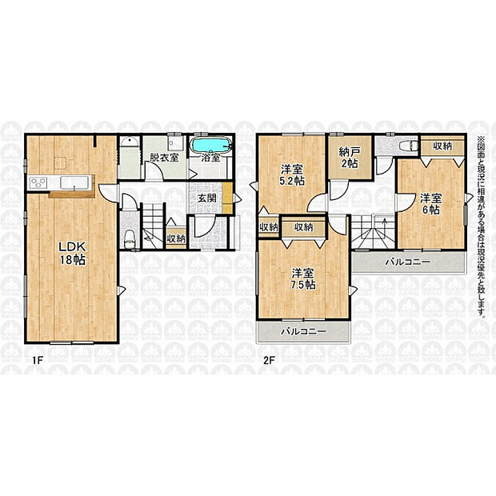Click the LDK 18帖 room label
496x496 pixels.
pos(73,253)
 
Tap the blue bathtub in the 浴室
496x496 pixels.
pos(211,146)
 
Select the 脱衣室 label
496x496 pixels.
pos(164,158)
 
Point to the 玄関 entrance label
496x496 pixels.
pos(207,198)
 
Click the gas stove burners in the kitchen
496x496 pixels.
pos(38,183)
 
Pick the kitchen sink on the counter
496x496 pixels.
pos(74,182)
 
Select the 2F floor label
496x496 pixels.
pos(267,360)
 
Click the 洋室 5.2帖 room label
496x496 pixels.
pos(292,174)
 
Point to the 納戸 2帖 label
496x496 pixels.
pos(350,158)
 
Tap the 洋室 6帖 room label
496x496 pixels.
pos(431,204)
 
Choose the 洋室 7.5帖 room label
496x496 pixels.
pos(303,278)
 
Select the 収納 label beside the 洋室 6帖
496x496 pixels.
pos(442,146)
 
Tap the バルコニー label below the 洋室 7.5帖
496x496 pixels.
pos(303,331)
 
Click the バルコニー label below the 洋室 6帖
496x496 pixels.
pos(408,262)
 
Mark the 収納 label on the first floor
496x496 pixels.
pos(176,238)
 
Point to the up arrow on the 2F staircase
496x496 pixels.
pos(384,224)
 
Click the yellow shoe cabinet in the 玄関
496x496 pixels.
pos(227,198)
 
